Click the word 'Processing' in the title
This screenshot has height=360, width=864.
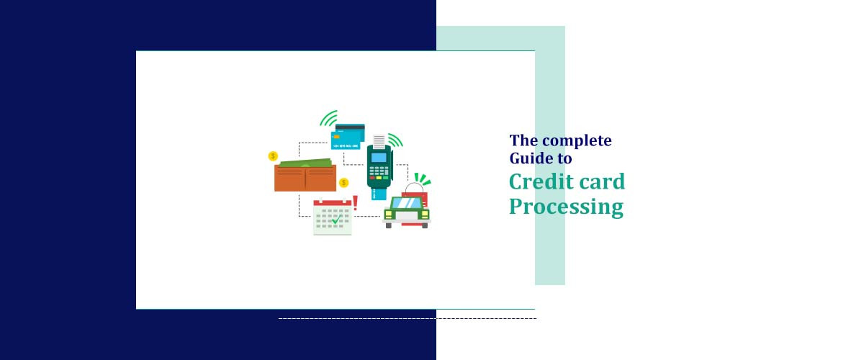(566, 207)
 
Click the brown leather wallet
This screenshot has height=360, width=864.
(305, 178)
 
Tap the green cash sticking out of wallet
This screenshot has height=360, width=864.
(307, 163)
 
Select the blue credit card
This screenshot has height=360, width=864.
(349, 138)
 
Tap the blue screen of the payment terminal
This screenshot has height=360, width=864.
(379, 157)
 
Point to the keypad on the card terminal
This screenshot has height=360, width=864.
(379, 174)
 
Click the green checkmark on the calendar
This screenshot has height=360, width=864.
(335, 219)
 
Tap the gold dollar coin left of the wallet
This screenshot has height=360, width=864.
(273, 156)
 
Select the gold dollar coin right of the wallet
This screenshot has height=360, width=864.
(343, 182)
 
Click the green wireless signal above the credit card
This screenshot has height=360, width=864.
(329, 119)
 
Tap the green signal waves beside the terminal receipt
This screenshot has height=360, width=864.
(395, 140)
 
